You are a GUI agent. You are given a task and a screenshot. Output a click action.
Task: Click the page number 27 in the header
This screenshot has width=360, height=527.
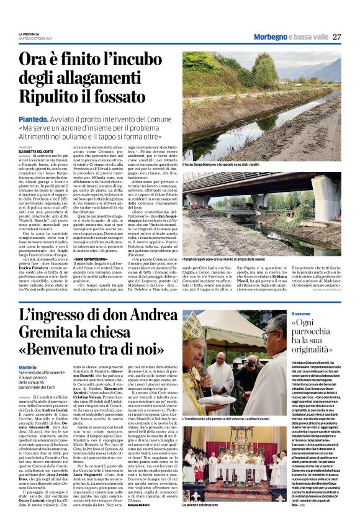coord(336,37)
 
